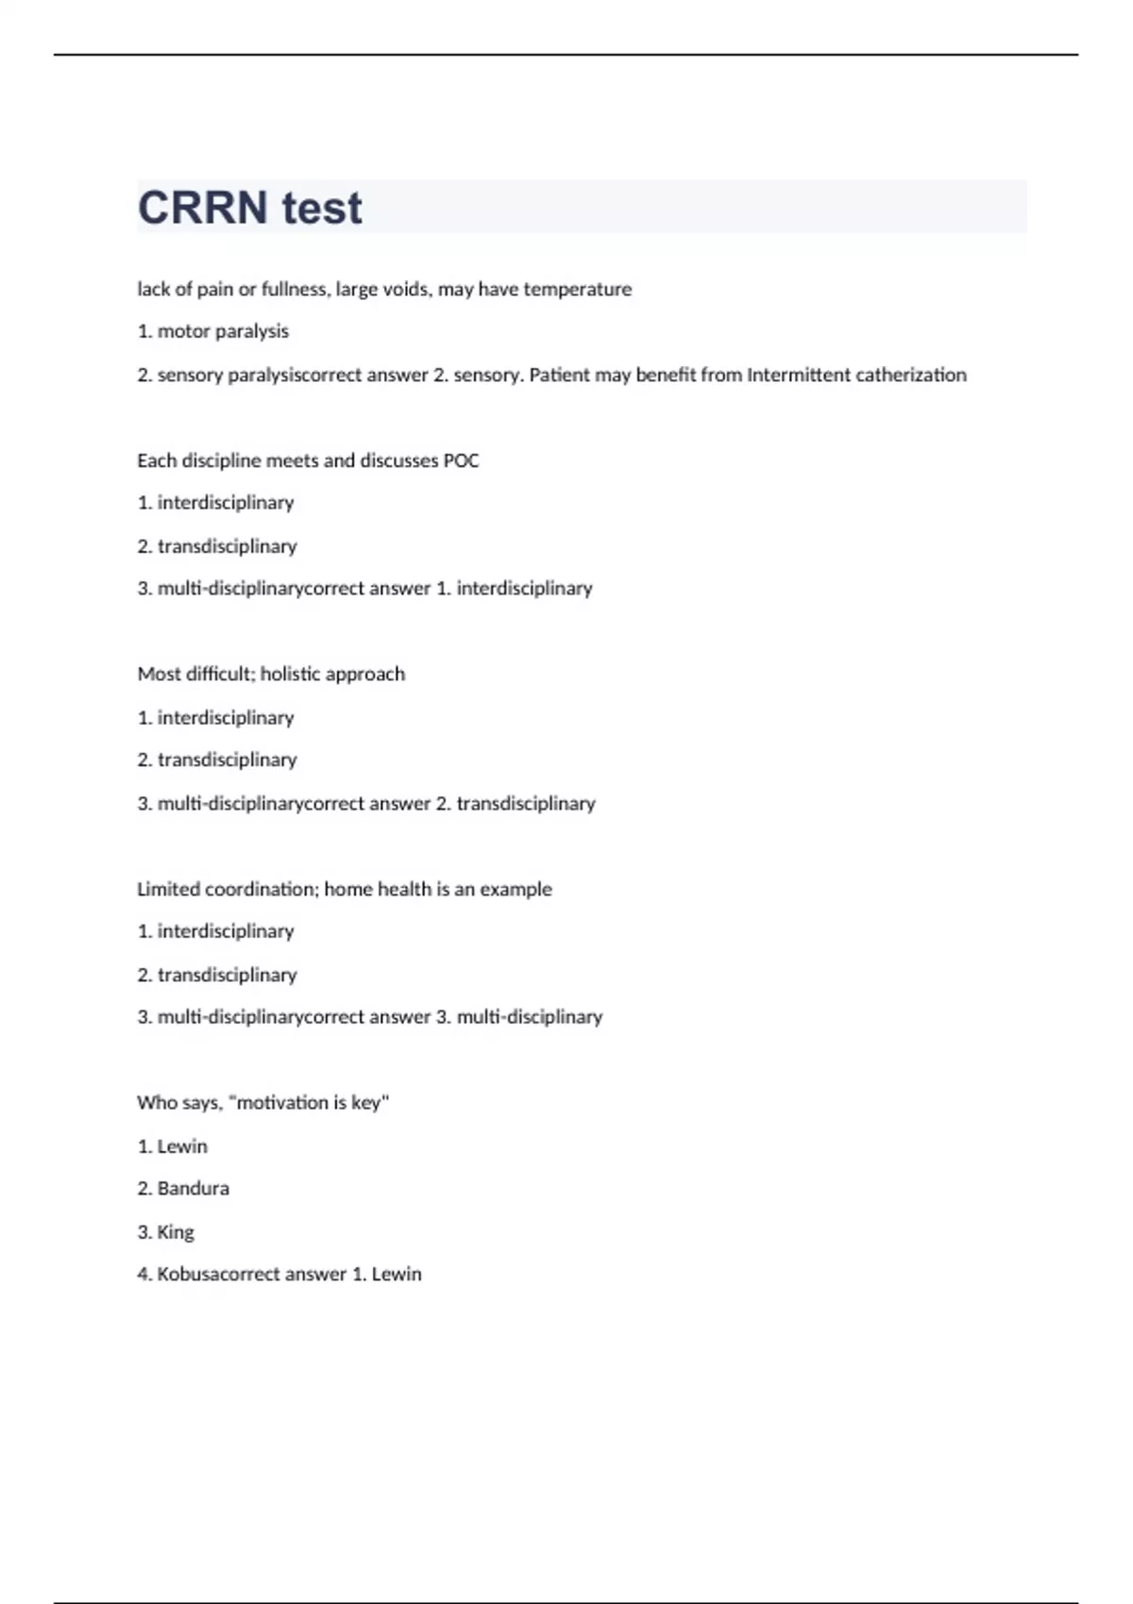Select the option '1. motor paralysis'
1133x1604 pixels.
click(x=213, y=331)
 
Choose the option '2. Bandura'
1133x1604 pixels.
click(x=183, y=1188)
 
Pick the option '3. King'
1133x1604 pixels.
click(x=166, y=1231)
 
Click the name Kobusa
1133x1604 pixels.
click(x=187, y=1274)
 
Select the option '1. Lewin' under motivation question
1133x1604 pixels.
click(x=173, y=1145)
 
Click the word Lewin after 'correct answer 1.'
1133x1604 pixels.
click(x=397, y=1274)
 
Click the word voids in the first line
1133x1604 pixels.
click(x=406, y=289)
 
